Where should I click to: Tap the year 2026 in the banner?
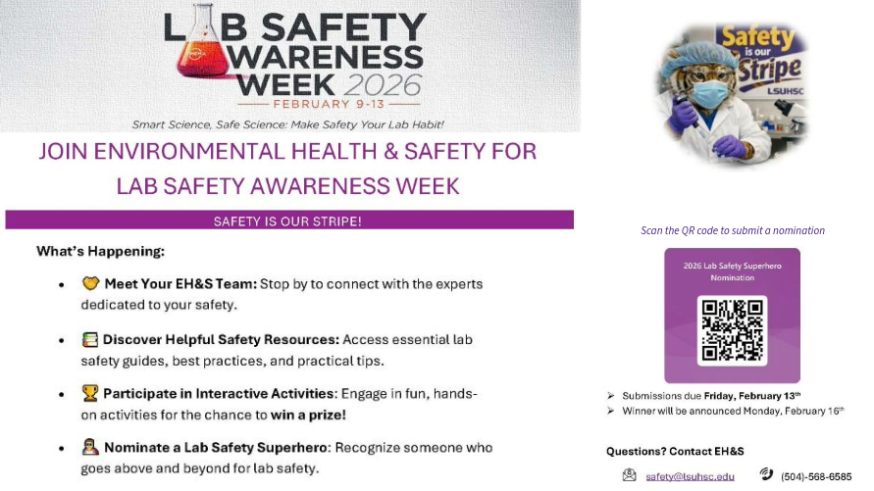click(383, 84)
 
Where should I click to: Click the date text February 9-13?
click(329, 104)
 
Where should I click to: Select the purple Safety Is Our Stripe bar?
click(289, 220)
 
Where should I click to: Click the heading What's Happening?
click(100, 251)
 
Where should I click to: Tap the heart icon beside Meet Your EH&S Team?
click(90, 283)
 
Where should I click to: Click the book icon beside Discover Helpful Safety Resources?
click(89, 339)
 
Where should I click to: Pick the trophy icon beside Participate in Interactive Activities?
click(89, 393)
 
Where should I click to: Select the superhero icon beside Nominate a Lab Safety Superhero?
click(90, 447)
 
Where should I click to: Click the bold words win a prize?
click(308, 415)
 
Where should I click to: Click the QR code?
click(732, 330)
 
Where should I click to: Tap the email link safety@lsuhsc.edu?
click(690, 476)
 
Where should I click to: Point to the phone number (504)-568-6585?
click(816, 476)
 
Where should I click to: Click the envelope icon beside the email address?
click(630, 475)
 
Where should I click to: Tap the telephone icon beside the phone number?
click(766, 473)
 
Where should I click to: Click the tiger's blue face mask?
click(708, 94)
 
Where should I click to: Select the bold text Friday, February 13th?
click(752, 396)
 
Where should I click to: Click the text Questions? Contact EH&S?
click(675, 451)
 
